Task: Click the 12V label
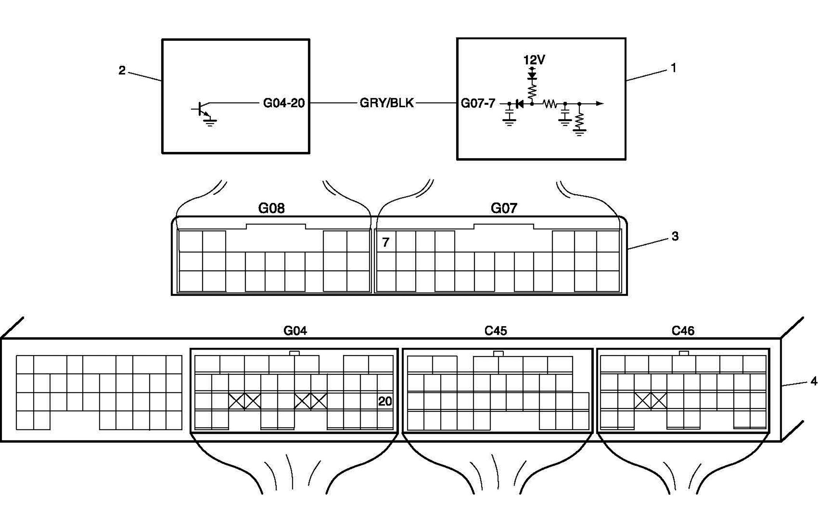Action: coord(534,60)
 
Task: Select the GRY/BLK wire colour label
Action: coord(386,103)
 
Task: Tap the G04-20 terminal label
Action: coord(284,103)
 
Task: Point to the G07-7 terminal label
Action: coord(478,103)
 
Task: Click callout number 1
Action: coord(673,68)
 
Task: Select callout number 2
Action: coord(122,71)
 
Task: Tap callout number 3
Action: coord(675,236)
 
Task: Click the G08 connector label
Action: coord(271,208)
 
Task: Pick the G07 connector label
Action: coord(504,208)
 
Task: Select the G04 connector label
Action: coord(295,331)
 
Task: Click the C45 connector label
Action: coord(495,331)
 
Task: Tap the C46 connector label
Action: coord(683,331)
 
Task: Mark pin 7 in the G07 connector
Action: coord(386,242)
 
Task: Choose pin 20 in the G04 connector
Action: coord(385,401)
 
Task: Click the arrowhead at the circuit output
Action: coord(600,103)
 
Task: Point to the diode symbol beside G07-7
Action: coord(519,104)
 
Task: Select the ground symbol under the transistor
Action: coord(210,123)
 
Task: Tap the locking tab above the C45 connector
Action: coord(498,353)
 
